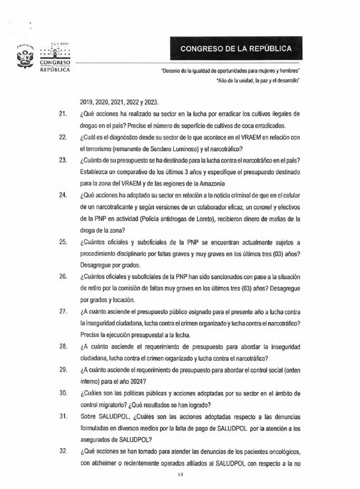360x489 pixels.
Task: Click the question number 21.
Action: click(63, 114)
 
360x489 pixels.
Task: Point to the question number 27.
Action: click(63, 311)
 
